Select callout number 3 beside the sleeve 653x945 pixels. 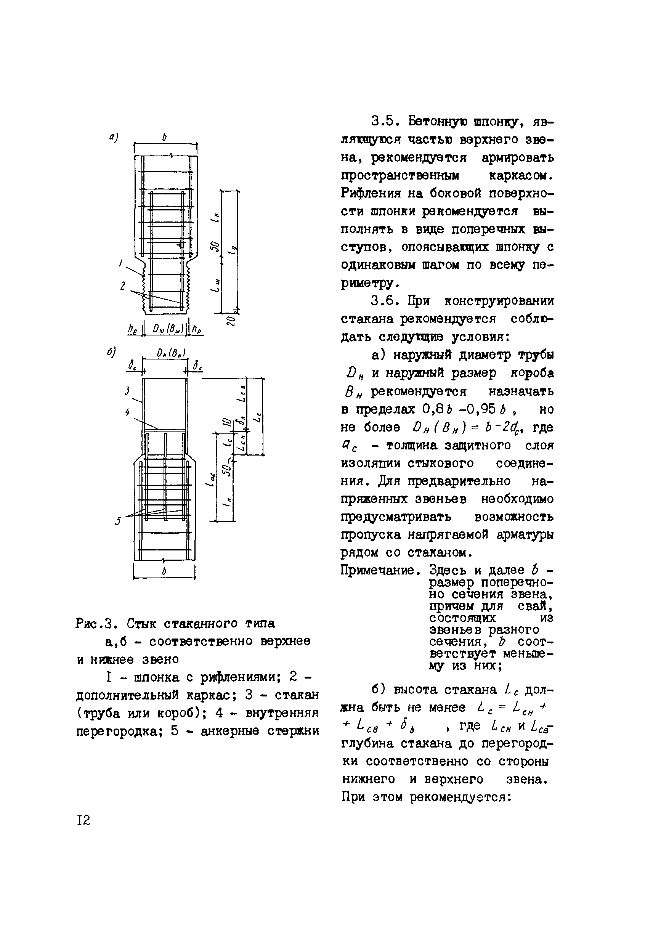[127, 391]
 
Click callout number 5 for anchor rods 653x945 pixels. [119, 520]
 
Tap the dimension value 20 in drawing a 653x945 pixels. [230, 320]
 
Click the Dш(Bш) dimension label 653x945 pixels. [167, 329]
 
